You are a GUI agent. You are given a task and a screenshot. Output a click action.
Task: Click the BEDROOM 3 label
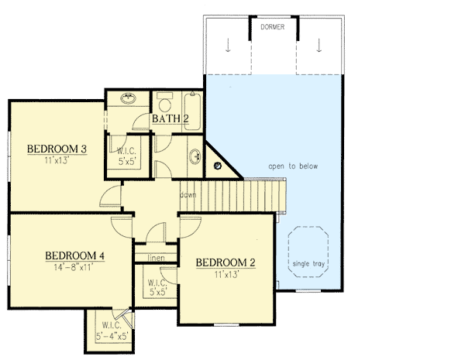56,149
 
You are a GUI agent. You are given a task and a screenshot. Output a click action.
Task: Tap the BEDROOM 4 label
74,256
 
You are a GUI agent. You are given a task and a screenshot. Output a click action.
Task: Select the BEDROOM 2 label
225,262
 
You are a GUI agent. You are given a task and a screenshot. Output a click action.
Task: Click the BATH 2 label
170,118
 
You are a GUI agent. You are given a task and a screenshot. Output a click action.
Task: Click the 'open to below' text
293,166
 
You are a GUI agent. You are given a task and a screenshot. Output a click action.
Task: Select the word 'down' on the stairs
188,194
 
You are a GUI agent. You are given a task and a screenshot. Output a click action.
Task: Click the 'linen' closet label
157,256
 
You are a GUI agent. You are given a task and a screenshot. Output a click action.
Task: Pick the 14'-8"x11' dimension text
74,268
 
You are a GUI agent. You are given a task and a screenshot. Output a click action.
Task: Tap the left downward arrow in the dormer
227,46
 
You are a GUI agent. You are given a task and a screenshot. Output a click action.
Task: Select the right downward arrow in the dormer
319,46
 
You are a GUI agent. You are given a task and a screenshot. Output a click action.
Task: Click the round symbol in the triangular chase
219,165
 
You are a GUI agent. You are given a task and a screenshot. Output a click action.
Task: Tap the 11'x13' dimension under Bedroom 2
225,274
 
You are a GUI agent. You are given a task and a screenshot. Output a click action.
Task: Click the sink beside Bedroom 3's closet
127,99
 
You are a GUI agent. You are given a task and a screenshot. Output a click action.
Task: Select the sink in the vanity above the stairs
193,157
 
